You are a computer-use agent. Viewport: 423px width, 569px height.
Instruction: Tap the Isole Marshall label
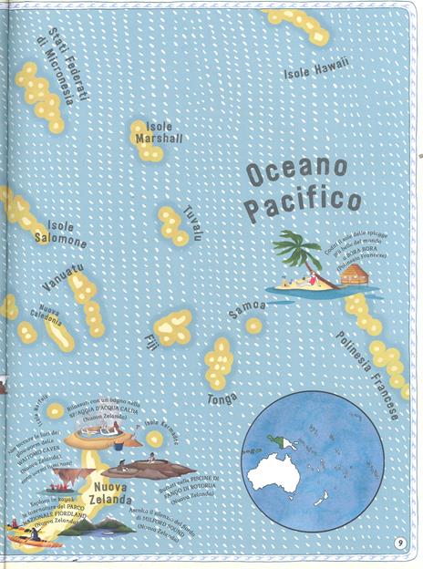(x=159, y=132)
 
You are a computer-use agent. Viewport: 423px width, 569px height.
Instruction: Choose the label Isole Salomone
(x=59, y=233)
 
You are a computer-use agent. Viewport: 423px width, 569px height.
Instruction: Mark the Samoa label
(x=247, y=309)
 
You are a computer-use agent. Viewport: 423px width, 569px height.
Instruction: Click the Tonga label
(x=222, y=398)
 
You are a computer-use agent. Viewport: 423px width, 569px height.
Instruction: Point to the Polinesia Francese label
(x=366, y=374)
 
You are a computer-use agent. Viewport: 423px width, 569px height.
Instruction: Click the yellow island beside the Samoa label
(x=253, y=325)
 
